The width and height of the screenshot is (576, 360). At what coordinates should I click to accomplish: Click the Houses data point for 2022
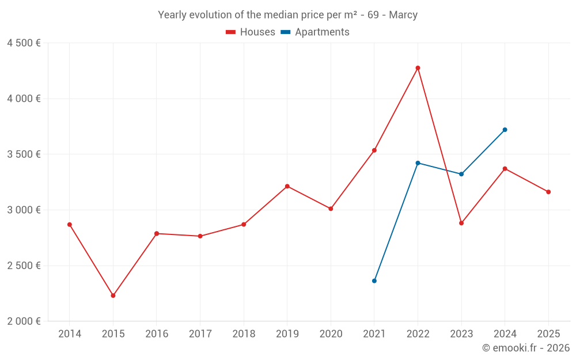[418, 68]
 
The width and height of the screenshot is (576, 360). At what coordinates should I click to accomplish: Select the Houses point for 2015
[113, 295]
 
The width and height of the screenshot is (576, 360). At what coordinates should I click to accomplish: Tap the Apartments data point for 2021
[374, 281]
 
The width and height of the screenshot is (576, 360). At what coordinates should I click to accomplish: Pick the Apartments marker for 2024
[505, 130]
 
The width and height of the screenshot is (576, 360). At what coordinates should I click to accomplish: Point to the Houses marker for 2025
[548, 192]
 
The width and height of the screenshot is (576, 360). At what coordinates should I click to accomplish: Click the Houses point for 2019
[287, 186]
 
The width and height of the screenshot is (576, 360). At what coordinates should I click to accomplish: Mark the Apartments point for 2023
[461, 174]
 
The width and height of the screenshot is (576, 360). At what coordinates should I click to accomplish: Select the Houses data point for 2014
[70, 225]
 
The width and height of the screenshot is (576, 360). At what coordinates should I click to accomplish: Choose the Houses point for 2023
[461, 223]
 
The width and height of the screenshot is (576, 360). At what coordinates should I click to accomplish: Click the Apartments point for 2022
[418, 163]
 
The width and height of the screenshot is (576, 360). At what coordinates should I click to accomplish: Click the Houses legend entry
[251, 32]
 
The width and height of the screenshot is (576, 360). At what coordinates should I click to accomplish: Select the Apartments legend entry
[315, 32]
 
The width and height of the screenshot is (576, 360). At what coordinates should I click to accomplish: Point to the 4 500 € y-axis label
[24, 43]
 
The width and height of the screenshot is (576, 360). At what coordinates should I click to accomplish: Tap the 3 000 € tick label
[24, 210]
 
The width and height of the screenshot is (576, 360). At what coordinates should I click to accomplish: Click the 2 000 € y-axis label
[24, 321]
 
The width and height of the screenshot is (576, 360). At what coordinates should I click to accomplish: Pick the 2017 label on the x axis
[200, 334]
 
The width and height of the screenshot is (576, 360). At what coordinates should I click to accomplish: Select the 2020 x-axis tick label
[331, 334]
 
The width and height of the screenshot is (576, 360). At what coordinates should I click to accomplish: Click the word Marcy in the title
[403, 15]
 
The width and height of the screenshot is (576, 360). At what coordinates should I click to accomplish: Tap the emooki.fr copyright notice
[525, 348]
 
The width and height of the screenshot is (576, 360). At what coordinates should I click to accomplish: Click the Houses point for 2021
[374, 150]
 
